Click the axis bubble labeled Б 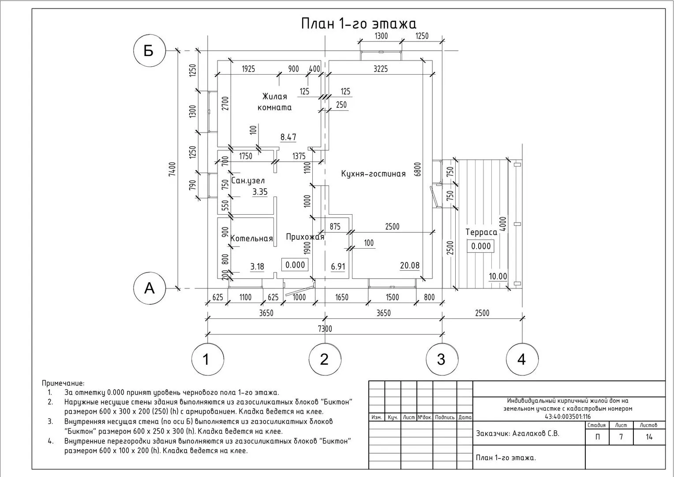pyautogui.click(x=149, y=51)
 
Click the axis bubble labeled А pyautogui.click(x=150, y=288)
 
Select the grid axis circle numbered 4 pyautogui.click(x=522, y=359)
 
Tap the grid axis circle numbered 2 pyautogui.click(x=325, y=359)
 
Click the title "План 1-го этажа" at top pyautogui.click(x=358, y=23)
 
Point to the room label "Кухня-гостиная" pyautogui.click(x=373, y=174)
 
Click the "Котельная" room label pyautogui.click(x=251, y=239)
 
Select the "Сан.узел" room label pyautogui.click(x=248, y=181)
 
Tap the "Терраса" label pyautogui.click(x=481, y=232)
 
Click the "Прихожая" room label pyautogui.click(x=305, y=237)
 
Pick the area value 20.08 pyautogui.click(x=410, y=265)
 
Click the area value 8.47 pyautogui.click(x=288, y=137)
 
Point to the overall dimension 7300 pyautogui.click(x=325, y=329)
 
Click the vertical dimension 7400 pyautogui.click(x=172, y=169)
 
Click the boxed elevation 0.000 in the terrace pyautogui.click(x=481, y=246)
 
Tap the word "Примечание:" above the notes pyautogui.click(x=63, y=383)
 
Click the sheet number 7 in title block pyautogui.click(x=621, y=437)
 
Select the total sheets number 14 pyautogui.click(x=649, y=437)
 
